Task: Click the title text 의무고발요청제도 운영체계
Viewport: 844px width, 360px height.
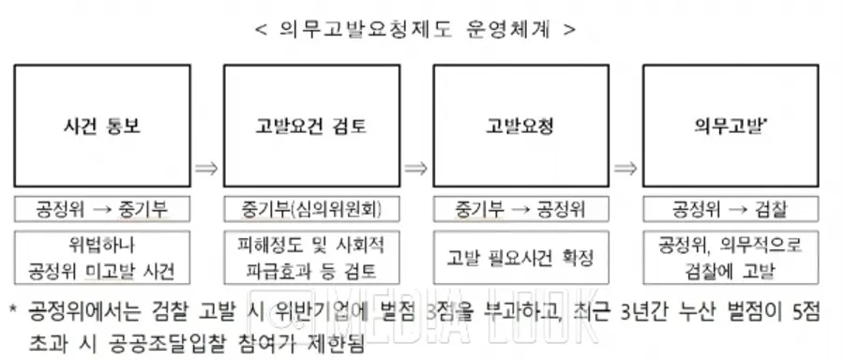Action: pyautogui.click(x=414, y=29)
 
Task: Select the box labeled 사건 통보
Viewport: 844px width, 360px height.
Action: pyautogui.click(x=102, y=126)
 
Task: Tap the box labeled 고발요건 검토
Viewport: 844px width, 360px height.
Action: pyautogui.click(x=311, y=126)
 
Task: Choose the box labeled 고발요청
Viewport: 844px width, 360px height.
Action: pyautogui.click(x=521, y=126)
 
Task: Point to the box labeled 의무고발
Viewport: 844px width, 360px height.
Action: pyautogui.click(x=731, y=126)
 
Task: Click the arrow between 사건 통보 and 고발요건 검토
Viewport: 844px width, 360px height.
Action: pyautogui.click(x=206, y=169)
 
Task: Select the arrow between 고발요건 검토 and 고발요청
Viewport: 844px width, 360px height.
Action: pyautogui.click(x=416, y=169)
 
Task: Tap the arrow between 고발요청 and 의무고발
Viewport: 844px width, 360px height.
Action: pyautogui.click(x=625, y=169)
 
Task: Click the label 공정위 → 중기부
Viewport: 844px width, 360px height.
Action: pyautogui.click(x=102, y=209)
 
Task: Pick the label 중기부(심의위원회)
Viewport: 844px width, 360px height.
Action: pyautogui.click(x=311, y=209)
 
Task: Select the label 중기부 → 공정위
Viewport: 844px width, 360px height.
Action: pyautogui.click(x=521, y=209)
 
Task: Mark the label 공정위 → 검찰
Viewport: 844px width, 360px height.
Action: pyautogui.click(x=731, y=209)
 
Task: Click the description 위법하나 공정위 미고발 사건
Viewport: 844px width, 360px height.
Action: pyautogui.click(x=102, y=258)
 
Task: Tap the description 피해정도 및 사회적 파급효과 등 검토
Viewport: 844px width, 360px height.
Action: pyautogui.click(x=311, y=258)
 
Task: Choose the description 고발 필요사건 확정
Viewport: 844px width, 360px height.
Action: pyautogui.click(x=521, y=258)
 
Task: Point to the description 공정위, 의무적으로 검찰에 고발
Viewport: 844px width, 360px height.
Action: pyautogui.click(x=731, y=258)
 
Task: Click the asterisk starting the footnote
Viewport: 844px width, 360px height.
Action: pyautogui.click(x=13, y=310)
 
